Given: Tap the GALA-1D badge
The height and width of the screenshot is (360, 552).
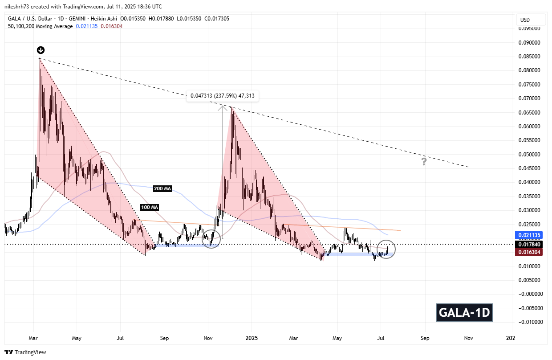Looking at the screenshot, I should (464, 312).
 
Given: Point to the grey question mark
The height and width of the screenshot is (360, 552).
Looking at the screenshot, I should (424, 162).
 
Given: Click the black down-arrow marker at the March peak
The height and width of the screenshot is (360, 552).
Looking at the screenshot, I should (40, 50).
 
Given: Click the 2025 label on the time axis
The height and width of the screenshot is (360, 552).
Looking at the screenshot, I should (251, 339).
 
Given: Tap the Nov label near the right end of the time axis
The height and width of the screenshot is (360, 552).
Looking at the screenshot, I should (468, 339).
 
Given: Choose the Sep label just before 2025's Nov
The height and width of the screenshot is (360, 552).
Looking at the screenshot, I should (425, 339).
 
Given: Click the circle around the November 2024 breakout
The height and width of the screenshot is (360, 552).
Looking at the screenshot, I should (211, 239).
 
